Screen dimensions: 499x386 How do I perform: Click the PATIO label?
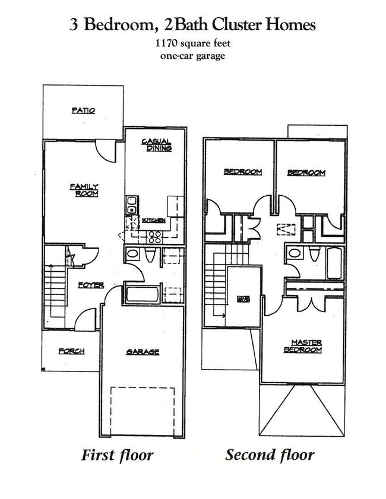tap(83, 110)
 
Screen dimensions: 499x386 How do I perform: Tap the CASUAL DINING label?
tap(156, 145)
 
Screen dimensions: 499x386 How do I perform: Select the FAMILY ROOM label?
tap(84, 190)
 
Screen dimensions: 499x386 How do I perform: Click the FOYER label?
tap(91, 285)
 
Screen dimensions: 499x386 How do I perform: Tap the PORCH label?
tap(71, 351)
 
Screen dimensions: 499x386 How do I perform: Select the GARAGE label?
tap(143, 352)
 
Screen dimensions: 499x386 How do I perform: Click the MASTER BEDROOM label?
tap(306, 346)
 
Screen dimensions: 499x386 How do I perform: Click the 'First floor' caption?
tap(117, 456)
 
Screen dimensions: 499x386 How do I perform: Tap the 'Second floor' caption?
tap(269, 456)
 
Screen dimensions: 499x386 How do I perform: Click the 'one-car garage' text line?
tap(192, 56)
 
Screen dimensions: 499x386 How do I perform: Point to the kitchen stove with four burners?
tap(155, 237)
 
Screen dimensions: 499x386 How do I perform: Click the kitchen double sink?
tap(132, 205)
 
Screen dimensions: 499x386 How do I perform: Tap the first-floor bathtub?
tap(141, 294)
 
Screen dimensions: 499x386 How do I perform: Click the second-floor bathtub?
tap(334, 263)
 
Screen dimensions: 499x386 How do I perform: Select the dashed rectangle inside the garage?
tap(143, 411)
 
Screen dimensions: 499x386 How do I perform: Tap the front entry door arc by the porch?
tap(86, 320)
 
